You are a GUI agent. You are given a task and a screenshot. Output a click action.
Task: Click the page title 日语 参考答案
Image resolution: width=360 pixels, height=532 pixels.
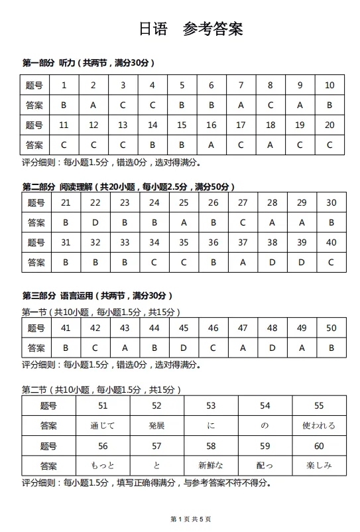click(191, 29)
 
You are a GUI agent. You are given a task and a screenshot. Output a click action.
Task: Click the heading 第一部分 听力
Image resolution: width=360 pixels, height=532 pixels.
click(88, 64)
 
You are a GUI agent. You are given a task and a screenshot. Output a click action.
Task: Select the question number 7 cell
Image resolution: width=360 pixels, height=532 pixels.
click(241, 85)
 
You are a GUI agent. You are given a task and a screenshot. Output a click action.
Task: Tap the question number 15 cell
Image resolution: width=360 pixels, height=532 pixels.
click(182, 125)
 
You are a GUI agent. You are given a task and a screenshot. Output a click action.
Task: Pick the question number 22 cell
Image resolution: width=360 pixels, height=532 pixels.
click(95, 203)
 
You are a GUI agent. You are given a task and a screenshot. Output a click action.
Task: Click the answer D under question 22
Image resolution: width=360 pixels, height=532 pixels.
click(95, 223)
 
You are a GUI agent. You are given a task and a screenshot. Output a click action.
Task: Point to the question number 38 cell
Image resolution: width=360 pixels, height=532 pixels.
click(272, 243)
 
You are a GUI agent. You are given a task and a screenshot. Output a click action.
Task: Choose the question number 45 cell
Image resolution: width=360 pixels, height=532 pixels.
click(184, 328)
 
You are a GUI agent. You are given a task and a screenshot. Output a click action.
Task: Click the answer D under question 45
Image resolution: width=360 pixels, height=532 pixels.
click(184, 347)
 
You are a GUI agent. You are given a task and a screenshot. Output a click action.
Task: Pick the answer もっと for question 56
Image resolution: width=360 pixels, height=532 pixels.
click(103, 466)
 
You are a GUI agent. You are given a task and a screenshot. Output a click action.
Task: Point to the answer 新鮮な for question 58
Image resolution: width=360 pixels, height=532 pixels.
click(211, 466)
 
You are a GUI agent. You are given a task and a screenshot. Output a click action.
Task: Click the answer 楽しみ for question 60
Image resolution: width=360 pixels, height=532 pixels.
click(319, 466)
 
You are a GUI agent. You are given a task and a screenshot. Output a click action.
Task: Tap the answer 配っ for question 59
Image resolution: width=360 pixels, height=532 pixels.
click(265, 466)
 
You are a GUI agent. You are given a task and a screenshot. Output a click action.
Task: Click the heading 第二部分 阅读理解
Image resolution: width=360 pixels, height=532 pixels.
click(128, 186)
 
